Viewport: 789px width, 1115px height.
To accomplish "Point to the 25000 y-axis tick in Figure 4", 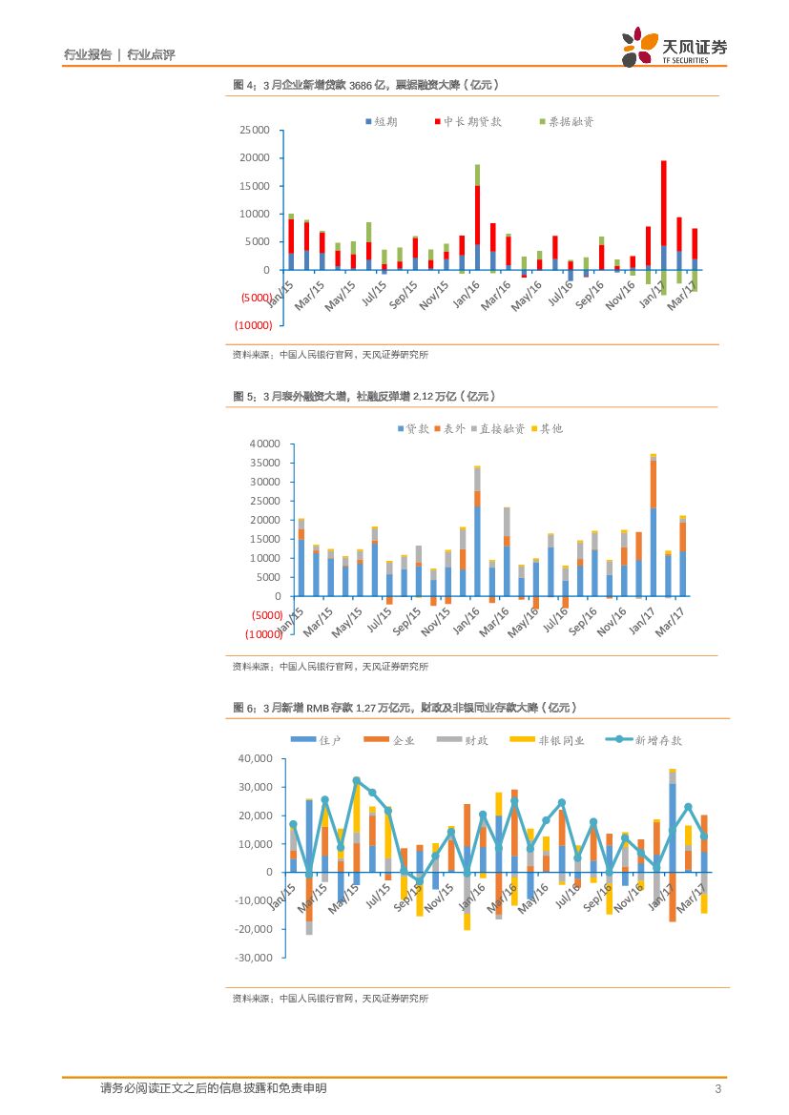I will coord(255,130).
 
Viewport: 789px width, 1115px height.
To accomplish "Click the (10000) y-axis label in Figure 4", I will coord(254,325).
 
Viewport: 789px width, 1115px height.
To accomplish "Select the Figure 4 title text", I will coord(366,85).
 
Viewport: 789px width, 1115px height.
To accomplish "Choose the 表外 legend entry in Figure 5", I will coord(449,429).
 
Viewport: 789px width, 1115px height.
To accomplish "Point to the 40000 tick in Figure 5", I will coord(264,444).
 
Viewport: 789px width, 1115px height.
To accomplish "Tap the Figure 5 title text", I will coord(364,396).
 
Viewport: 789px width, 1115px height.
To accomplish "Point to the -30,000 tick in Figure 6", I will coord(253,958).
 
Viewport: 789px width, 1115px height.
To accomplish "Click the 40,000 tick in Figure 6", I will coord(255,758).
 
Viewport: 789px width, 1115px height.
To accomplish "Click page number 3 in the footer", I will coord(717,1089).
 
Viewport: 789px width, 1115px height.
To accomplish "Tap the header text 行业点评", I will coord(151,55).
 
